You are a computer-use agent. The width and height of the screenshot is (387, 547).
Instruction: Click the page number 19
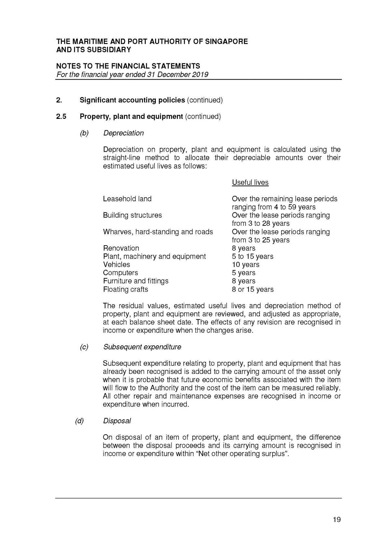(x=337, y=520)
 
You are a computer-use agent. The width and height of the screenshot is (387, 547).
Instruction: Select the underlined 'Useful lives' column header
(x=250, y=183)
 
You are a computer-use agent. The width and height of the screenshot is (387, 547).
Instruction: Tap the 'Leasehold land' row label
(x=127, y=199)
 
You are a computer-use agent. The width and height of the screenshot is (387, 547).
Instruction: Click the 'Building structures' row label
(x=132, y=215)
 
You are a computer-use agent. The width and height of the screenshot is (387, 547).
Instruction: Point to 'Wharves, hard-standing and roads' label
(x=158, y=232)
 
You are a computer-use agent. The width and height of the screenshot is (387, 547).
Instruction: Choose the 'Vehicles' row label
(x=116, y=265)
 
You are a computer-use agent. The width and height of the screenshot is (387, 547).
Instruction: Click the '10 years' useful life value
(x=246, y=265)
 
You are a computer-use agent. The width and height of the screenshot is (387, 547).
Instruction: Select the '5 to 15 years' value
(x=252, y=257)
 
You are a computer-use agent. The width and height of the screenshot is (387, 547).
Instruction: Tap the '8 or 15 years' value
(x=253, y=289)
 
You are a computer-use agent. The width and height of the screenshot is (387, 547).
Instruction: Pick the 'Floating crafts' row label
(x=126, y=289)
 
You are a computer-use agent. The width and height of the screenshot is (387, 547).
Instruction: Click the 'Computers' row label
(x=120, y=273)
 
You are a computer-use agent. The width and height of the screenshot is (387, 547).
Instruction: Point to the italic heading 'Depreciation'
(x=123, y=133)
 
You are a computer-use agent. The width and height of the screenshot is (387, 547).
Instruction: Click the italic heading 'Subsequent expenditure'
(x=142, y=347)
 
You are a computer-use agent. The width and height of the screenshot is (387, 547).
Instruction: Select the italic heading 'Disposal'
(x=117, y=421)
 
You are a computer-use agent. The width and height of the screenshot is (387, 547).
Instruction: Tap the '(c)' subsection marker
(x=84, y=347)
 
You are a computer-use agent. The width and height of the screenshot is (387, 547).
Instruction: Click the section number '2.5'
(x=61, y=117)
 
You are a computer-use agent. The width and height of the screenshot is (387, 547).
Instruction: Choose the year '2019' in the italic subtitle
(x=200, y=75)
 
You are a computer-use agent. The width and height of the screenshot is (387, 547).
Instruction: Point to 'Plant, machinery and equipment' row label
(x=154, y=257)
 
